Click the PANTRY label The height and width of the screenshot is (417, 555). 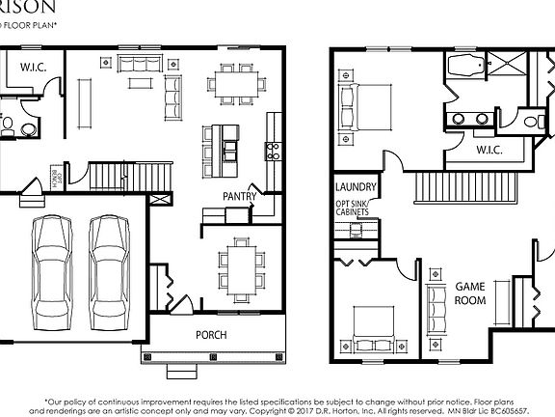pyautogui.click(x=238, y=195)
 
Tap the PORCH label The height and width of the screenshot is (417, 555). pyautogui.click(x=211, y=335)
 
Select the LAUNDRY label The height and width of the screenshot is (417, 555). pyautogui.click(x=355, y=187)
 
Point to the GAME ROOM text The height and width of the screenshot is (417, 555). pyautogui.click(x=470, y=292)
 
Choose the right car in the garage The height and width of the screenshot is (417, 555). pyautogui.click(x=109, y=273)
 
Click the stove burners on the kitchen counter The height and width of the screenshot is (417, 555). pyautogui.click(x=273, y=151)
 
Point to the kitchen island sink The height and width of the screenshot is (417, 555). pyautogui.click(x=229, y=149)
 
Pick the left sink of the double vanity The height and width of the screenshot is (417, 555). pyautogui.click(x=454, y=119)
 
